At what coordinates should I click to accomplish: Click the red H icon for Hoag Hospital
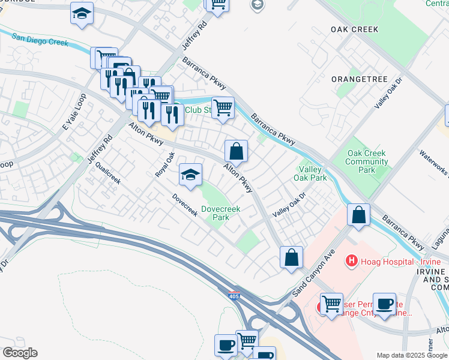(x=352, y=262)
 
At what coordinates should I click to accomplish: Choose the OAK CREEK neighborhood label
(x=354, y=29)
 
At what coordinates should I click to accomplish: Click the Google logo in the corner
(x=19, y=353)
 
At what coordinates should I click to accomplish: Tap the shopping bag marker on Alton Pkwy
(x=237, y=151)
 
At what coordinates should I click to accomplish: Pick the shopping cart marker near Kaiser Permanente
(x=331, y=304)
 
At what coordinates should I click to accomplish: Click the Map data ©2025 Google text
(x=412, y=355)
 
